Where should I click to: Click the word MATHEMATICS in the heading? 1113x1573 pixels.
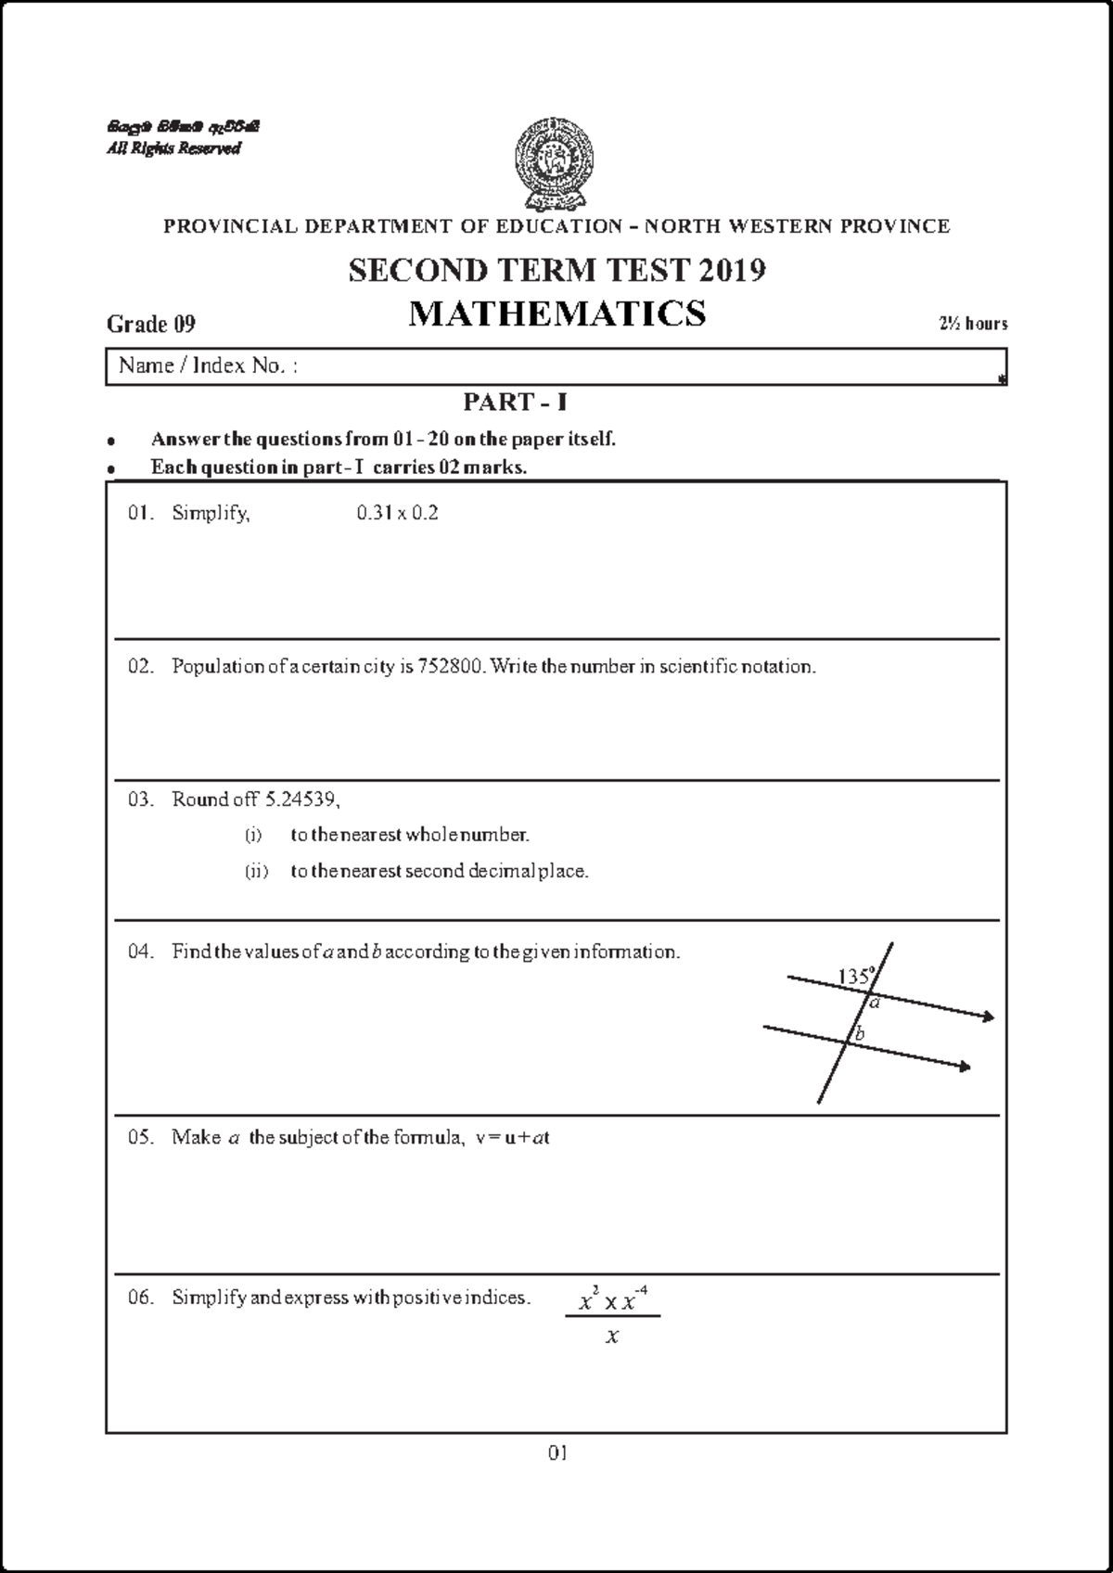pyautogui.click(x=556, y=313)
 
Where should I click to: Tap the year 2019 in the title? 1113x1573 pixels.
pyautogui.click(x=732, y=271)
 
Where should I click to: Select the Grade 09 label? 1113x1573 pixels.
pyautogui.click(x=151, y=324)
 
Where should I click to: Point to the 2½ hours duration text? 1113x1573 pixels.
pyautogui.click(x=973, y=324)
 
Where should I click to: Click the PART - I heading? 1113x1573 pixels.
pyautogui.click(x=515, y=403)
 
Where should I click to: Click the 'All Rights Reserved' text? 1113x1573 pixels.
pyautogui.click(x=173, y=148)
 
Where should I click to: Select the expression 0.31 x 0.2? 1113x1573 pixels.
pyautogui.click(x=397, y=513)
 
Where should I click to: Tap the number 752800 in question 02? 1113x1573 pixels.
pyautogui.click(x=451, y=666)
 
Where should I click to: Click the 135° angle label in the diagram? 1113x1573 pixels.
pyautogui.click(x=855, y=976)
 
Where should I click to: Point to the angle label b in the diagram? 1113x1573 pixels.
pyautogui.click(x=860, y=1033)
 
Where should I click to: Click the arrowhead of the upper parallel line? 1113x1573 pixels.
pyautogui.click(x=989, y=1017)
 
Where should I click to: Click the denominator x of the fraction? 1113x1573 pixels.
pyautogui.click(x=611, y=1336)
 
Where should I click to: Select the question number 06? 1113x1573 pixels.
pyautogui.click(x=140, y=1298)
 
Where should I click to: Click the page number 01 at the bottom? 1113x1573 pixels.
pyautogui.click(x=556, y=1452)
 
